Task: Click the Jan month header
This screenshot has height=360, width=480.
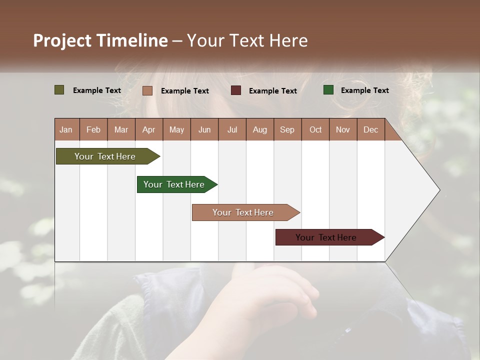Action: click(66, 129)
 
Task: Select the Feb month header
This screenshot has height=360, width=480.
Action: click(93, 129)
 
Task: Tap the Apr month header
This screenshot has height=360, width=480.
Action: click(149, 129)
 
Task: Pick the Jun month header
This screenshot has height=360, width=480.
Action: click(204, 129)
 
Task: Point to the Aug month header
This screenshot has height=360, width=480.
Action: click(260, 129)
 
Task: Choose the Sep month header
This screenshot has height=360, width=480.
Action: click(287, 129)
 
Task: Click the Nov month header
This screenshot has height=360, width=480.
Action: click(343, 129)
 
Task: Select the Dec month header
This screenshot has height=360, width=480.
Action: click(371, 129)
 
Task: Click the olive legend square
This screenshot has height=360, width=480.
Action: click(59, 90)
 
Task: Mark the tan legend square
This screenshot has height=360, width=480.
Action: click(147, 90)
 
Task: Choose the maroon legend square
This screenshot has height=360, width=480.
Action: click(236, 90)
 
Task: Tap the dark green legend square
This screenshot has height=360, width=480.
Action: click(328, 90)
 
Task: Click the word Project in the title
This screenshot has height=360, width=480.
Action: click(62, 40)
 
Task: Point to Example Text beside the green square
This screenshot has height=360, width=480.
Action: click(365, 90)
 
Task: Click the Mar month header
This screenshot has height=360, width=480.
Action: click(121, 129)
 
